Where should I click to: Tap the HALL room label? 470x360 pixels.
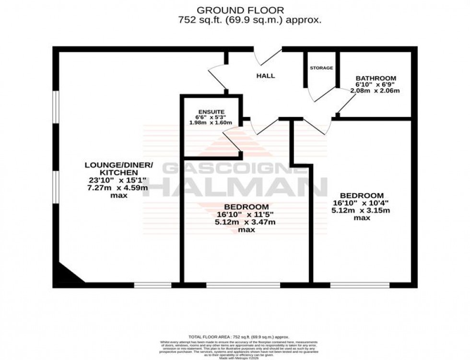click(265, 76)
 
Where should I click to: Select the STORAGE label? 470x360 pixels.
click(321, 68)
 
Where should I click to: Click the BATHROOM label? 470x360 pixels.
click(376, 78)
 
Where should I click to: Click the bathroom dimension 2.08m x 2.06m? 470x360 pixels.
click(376, 91)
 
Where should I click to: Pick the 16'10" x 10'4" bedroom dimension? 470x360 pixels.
click(362, 203)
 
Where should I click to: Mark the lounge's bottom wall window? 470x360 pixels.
click(153, 285)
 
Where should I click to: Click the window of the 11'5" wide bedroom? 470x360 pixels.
click(243, 285)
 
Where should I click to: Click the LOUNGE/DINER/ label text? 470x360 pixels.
click(118, 165)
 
